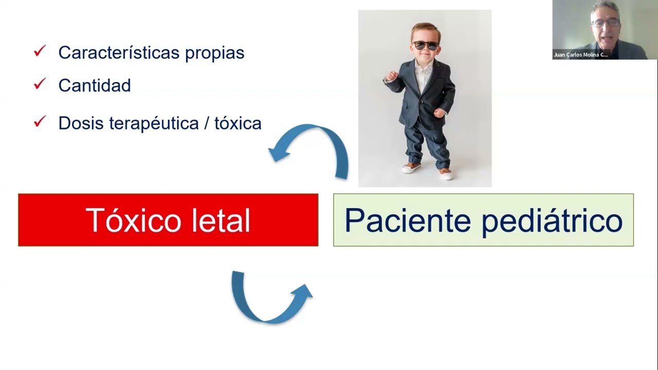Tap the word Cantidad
coord(95,85)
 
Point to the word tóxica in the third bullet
coord(238,123)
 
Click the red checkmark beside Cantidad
coord(40,84)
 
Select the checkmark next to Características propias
coord(40,51)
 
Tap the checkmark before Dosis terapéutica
coord(40,122)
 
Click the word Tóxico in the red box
coord(133,220)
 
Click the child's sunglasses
coord(426,45)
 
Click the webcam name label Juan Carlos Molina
coord(580,54)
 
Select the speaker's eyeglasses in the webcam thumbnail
coord(605,23)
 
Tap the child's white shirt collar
coord(424,67)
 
